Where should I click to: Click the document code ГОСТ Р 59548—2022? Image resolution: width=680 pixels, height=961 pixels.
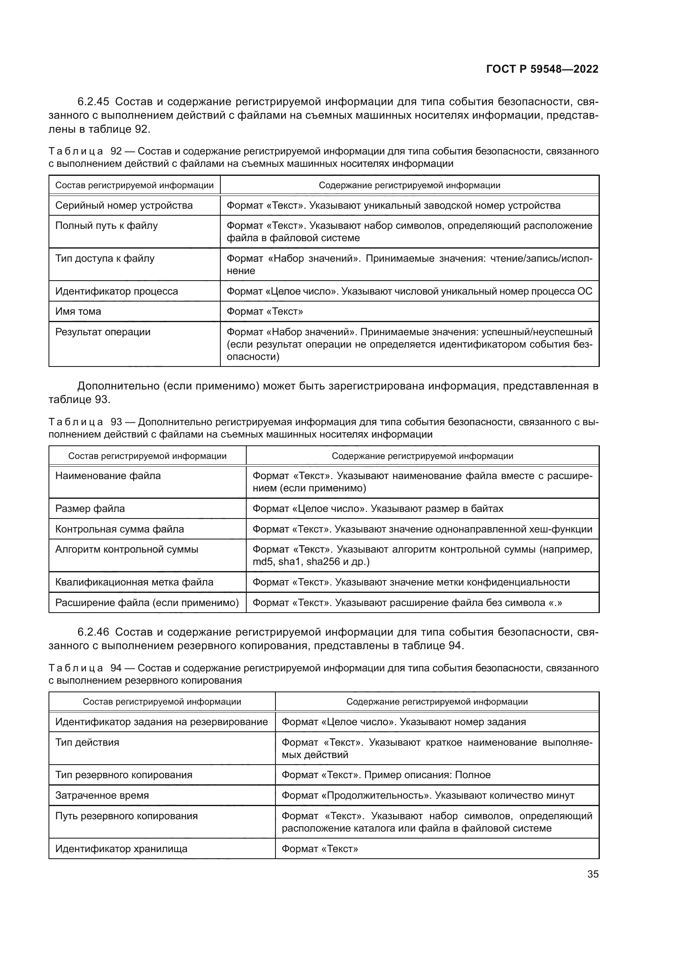(x=542, y=69)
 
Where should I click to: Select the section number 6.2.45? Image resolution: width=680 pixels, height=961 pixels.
(x=93, y=102)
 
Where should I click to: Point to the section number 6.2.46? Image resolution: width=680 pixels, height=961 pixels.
(x=93, y=631)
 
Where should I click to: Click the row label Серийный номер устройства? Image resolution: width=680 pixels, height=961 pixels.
(x=124, y=205)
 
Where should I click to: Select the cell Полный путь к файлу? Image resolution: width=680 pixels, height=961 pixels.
(x=106, y=226)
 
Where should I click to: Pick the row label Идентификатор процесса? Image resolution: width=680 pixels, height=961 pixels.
(x=116, y=291)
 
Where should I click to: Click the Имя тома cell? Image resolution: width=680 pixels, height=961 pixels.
(x=78, y=311)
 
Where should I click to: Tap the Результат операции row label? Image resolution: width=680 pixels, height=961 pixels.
(x=103, y=332)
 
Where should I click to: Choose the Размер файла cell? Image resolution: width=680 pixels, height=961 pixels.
(x=90, y=509)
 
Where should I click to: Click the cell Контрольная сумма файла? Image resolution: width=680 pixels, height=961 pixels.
(x=119, y=529)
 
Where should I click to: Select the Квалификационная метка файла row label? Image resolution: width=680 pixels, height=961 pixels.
(x=134, y=582)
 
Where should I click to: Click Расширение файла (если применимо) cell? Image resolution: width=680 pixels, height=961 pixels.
(x=147, y=603)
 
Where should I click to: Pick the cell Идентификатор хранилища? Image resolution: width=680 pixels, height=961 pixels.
(x=121, y=849)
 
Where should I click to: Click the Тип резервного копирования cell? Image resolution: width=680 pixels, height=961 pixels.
(x=123, y=775)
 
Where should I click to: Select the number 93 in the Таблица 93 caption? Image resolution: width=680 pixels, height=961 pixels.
(x=116, y=422)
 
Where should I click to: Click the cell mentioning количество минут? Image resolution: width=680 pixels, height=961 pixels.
(x=428, y=795)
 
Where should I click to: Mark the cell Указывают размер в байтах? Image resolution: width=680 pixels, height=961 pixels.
(x=377, y=509)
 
